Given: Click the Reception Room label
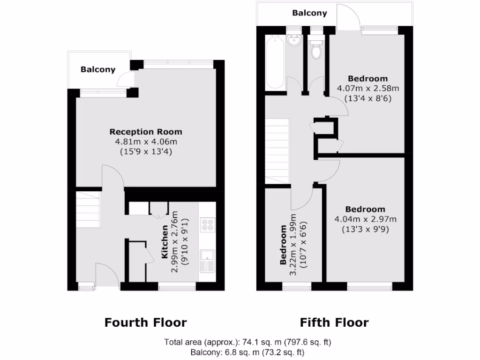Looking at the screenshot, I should coord(146,132).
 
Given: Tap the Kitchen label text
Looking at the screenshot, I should coord(165,242).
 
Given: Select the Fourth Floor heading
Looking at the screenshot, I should coord(145,322).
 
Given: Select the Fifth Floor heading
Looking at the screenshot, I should coord(334,322).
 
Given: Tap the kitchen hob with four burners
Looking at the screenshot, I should coord(207,225).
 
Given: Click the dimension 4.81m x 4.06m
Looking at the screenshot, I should coord(146,142).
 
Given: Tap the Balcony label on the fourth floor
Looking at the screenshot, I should coord(97,70).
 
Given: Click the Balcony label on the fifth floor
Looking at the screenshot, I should coord(309,13).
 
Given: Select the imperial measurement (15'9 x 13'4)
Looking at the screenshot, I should coord(146,151).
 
